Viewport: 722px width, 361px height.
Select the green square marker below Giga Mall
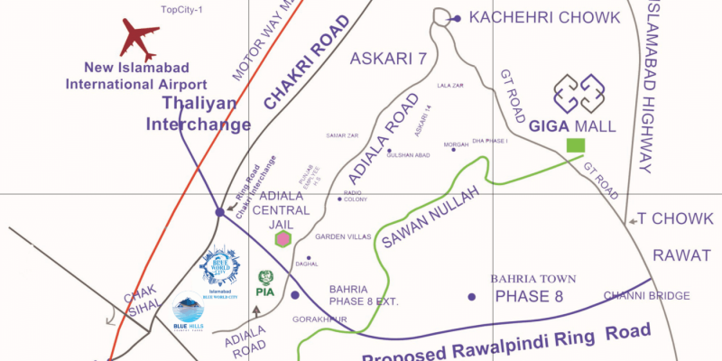tap(574, 145)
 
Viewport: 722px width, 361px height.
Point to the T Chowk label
tap(668, 218)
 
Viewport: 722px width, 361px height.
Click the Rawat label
tap(682, 255)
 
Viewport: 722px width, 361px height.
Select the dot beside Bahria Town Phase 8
tap(471, 296)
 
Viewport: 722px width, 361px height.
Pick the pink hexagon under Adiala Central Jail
tap(283, 238)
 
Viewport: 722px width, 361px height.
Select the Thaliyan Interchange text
tap(199, 115)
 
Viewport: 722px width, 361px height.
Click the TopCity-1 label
tap(182, 10)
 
